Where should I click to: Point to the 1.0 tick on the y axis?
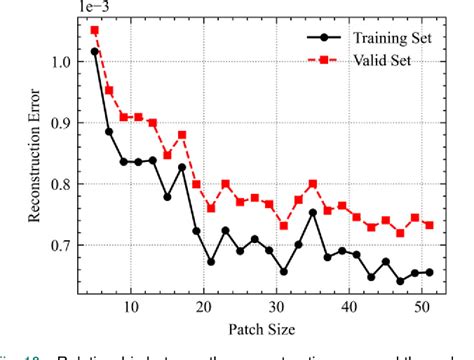pyautogui.click(x=63, y=62)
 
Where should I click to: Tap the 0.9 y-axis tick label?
pyautogui.click(x=63, y=123)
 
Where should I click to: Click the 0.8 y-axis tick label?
pyautogui.click(x=63, y=184)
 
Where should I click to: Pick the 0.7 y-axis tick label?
pyautogui.click(x=63, y=246)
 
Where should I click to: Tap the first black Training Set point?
pyautogui.click(x=95, y=51)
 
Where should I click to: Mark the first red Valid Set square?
pyautogui.click(x=95, y=30)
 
